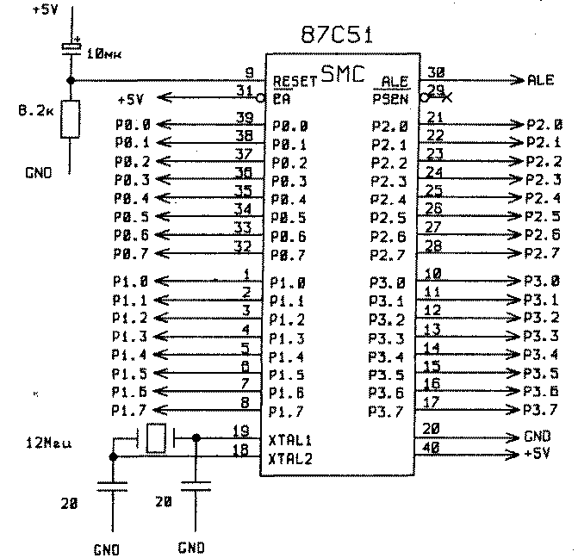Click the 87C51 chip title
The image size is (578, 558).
pyautogui.click(x=343, y=36)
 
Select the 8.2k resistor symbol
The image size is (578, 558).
pyautogui.click(x=71, y=118)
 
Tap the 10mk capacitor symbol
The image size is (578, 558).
pyautogui.click(x=71, y=48)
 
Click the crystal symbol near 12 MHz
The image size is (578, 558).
pyautogui.click(x=157, y=439)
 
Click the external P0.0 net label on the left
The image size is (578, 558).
pyautogui.click(x=132, y=125)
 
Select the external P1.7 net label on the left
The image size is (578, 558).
pyautogui.click(x=131, y=409)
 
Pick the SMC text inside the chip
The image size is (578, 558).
pyautogui.click(x=341, y=72)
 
